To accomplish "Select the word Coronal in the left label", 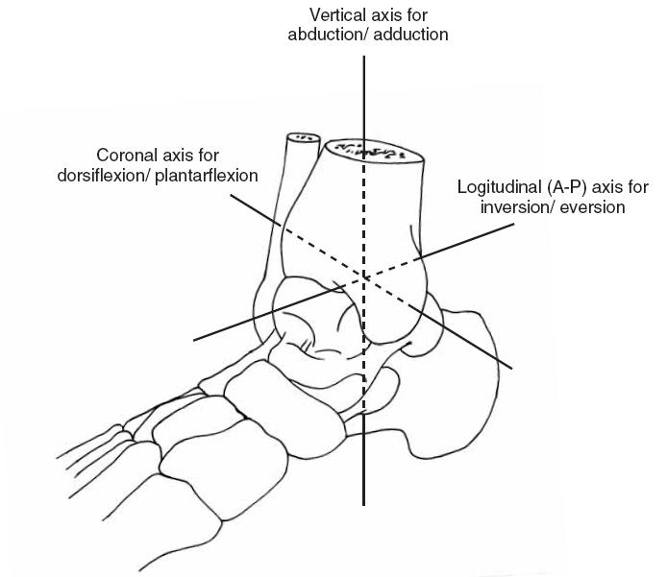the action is click(x=124, y=156).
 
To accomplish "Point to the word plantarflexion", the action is click(x=207, y=176).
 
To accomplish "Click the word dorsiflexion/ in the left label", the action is click(x=104, y=176).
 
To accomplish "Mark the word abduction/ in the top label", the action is click(x=328, y=35).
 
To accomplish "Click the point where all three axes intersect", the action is click(x=363, y=277).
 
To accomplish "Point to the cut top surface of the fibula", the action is click(x=303, y=138).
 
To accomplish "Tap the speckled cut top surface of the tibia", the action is click(x=374, y=152).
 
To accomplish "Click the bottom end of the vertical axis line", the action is click(x=363, y=505).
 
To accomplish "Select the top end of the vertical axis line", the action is click(x=363, y=56).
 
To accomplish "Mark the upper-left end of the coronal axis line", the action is click(x=231, y=195).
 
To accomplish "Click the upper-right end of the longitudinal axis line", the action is click(x=514, y=224).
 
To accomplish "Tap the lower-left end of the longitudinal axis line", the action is click(x=194, y=340).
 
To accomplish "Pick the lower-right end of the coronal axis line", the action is click(x=511, y=368).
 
